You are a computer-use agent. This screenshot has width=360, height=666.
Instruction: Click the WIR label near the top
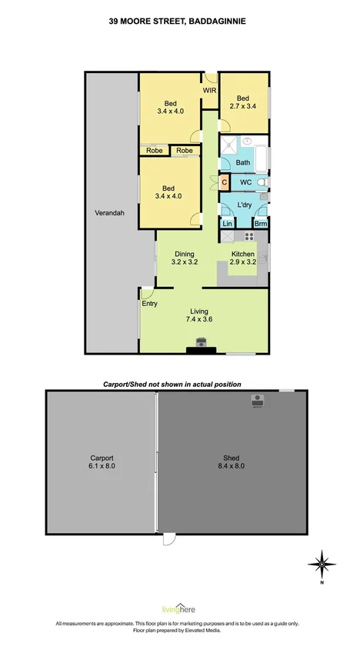tap(209, 90)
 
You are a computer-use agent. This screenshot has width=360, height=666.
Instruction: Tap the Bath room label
tap(243, 162)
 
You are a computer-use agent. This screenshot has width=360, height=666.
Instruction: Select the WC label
tap(246, 182)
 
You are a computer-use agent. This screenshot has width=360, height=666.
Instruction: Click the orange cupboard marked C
tap(224, 182)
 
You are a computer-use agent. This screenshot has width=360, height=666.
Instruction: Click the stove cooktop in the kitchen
tap(249, 235)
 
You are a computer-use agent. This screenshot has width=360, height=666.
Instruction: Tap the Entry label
tap(149, 305)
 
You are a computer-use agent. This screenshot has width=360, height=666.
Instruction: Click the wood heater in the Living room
tap(202, 343)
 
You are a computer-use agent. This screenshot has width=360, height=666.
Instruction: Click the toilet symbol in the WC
tap(262, 182)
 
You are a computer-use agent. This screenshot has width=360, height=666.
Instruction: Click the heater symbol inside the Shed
tap(256, 400)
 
